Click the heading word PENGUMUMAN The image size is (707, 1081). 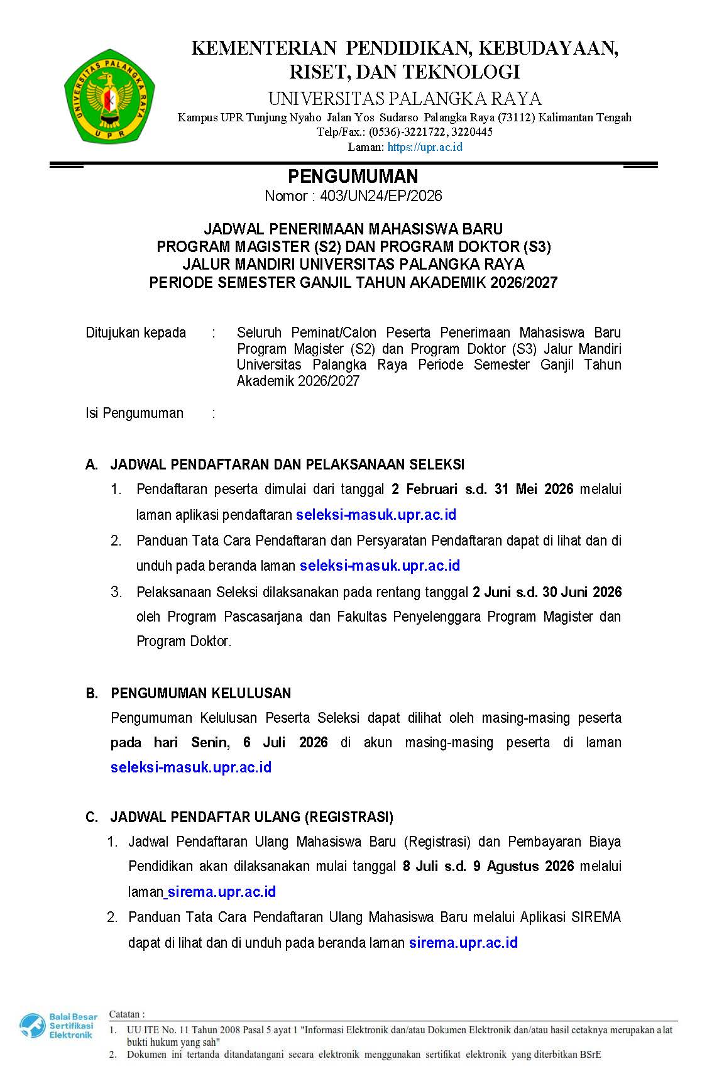click(x=353, y=176)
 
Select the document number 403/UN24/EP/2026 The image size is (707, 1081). click(x=381, y=196)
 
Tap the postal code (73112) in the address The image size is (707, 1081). click(x=517, y=118)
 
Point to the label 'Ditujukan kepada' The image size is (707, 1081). click(x=136, y=332)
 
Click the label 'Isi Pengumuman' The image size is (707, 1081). click(x=134, y=413)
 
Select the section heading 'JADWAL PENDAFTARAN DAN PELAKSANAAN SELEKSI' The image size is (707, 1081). click(x=287, y=464)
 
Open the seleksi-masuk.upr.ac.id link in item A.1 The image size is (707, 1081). click(x=376, y=515)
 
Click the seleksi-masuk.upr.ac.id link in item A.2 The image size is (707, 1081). click(x=380, y=566)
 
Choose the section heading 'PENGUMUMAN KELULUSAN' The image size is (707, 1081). click(x=201, y=693)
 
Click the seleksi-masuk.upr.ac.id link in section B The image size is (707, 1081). click(x=191, y=767)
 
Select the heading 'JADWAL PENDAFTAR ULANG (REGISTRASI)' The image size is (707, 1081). click(x=252, y=817)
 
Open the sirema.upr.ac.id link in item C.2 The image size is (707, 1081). click(x=463, y=943)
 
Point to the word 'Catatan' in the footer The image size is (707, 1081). click(x=125, y=1014)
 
